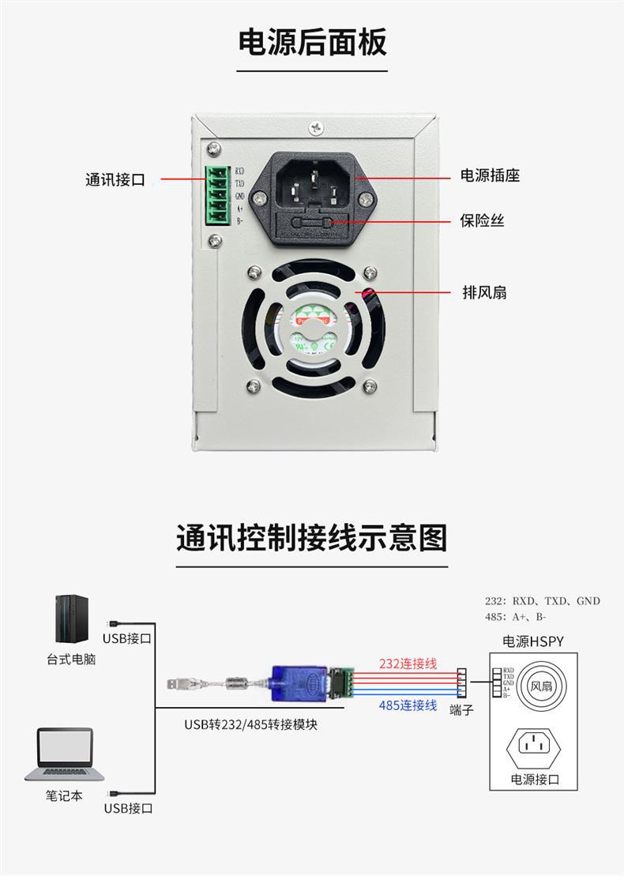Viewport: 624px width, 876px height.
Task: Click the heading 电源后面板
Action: pos(313,43)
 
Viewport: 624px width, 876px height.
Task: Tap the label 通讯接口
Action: pos(115,180)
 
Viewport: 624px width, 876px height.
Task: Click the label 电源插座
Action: pos(490,175)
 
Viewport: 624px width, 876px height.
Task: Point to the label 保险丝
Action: pos(482,220)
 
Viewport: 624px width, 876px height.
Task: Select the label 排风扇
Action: pos(484,292)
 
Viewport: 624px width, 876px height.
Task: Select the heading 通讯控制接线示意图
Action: pos(311,537)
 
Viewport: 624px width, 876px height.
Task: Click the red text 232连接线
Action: pos(408,664)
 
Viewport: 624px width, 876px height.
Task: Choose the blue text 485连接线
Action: pos(408,705)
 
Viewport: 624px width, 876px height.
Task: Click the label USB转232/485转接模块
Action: pos(251,724)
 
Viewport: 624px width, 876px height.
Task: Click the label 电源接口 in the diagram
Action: pos(534,780)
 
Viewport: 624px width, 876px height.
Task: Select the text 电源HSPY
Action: pos(533,641)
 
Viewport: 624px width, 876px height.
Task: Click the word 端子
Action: pos(461,709)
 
